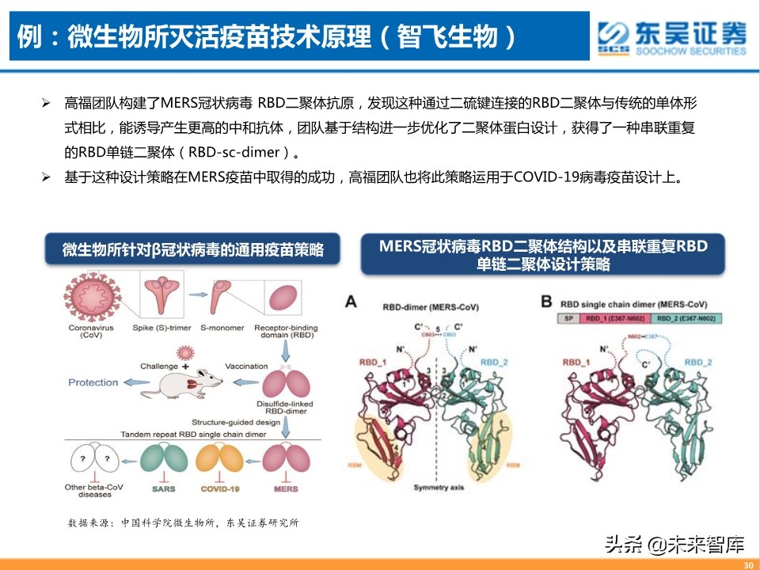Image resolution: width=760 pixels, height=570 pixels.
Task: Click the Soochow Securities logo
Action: pos(672,37)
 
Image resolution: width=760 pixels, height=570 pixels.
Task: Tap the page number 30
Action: pos(749,564)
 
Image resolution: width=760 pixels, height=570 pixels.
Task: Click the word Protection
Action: pos(93,382)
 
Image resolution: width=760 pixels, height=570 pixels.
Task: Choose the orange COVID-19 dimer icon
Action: pos(220,460)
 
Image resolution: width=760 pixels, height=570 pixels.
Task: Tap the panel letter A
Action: pos(351,301)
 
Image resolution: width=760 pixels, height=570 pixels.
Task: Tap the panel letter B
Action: pos(547,301)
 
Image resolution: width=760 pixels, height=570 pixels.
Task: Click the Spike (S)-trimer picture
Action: pos(162,293)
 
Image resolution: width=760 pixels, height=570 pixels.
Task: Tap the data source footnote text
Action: pos(184,523)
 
